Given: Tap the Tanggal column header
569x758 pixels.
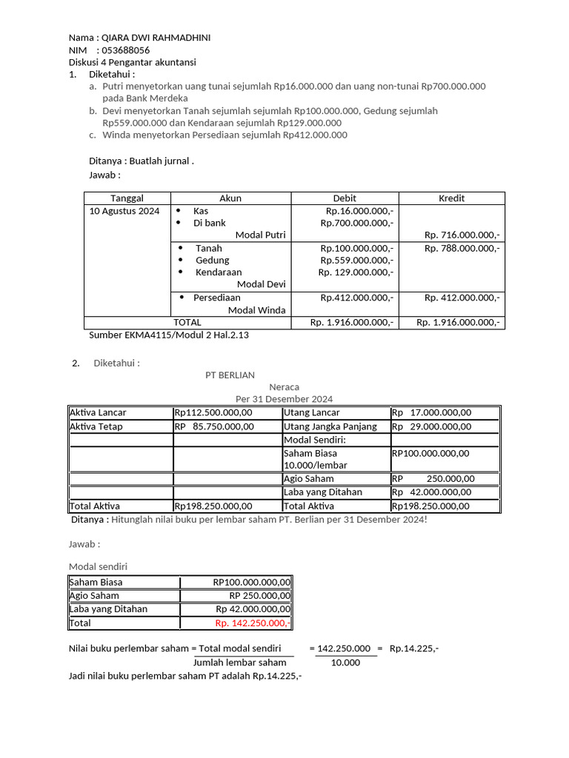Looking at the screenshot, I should [x=127, y=198].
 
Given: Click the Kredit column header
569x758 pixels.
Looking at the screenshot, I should [x=451, y=198].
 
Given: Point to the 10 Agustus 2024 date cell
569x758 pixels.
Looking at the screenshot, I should [x=124, y=211].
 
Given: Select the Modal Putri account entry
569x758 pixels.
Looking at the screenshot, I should [x=260, y=235].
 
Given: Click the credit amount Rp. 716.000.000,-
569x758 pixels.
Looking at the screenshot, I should [x=462, y=235].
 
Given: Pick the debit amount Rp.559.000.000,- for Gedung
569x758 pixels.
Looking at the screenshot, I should [x=356, y=260].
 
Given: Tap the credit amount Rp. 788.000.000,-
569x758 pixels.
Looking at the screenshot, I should [x=462, y=248].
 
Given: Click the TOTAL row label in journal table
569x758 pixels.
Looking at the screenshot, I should [x=187, y=322].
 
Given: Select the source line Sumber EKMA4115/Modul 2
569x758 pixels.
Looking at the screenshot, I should [x=168, y=335].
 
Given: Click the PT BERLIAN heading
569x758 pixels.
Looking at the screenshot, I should [x=230, y=375].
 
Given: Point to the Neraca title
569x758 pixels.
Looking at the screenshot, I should [x=284, y=386].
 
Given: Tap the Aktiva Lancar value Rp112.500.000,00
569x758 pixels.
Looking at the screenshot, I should [x=213, y=412].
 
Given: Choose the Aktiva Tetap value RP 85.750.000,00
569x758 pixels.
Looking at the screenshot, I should [x=214, y=426].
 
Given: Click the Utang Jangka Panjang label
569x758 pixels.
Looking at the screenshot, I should [x=330, y=426].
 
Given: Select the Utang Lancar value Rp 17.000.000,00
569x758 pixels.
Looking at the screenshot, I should [x=431, y=412].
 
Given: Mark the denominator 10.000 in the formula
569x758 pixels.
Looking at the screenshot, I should [x=345, y=662].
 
